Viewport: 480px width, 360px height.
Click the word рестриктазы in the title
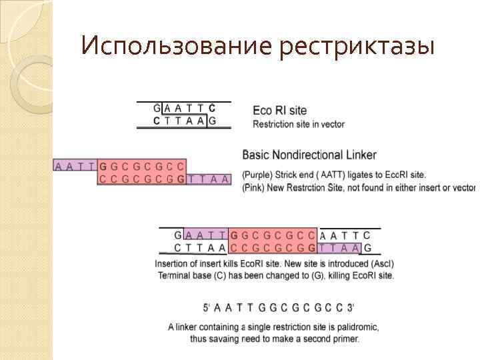(357, 47)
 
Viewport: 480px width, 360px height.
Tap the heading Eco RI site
(279, 110)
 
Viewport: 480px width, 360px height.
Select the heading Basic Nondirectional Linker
(309, 155)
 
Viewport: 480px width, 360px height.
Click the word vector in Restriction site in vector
(333, 124)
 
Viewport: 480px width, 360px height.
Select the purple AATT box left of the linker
(75, 166)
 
